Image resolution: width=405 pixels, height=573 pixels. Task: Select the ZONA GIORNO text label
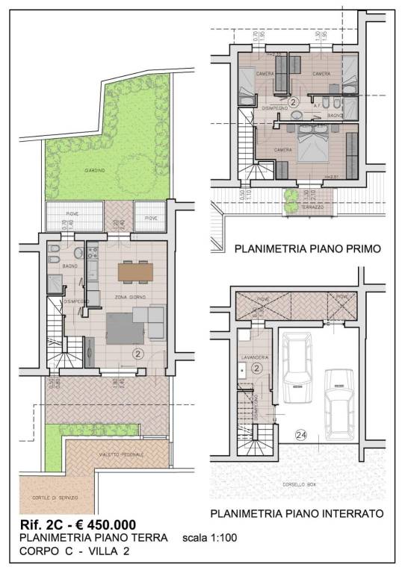pos(130,298)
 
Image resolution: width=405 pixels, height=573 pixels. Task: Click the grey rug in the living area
pos(124,325)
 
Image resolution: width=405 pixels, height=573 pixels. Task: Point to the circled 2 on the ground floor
pos(137,354)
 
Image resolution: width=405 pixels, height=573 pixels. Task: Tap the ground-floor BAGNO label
pos(70,266)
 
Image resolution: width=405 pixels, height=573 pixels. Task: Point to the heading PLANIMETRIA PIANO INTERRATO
pos(297,514)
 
